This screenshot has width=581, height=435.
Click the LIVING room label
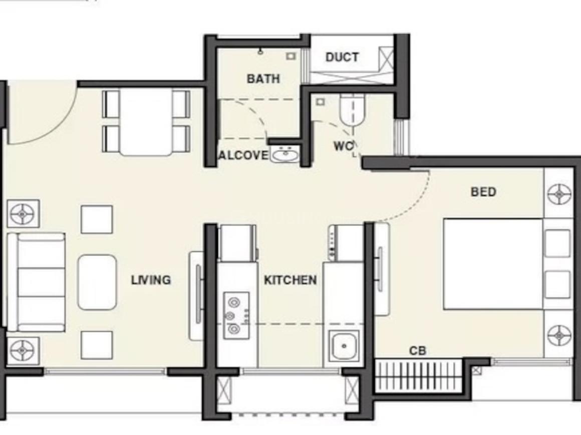coord(151,280)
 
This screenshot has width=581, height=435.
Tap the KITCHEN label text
coord(290,280)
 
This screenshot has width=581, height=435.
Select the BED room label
coord(483,191)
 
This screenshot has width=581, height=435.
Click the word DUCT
coord(342,57)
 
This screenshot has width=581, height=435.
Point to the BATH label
coord(263,78)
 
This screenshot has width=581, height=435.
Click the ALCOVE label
coord(243,155)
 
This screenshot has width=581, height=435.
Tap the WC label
coord(343,146)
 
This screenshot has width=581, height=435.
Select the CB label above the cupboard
coord(418,351)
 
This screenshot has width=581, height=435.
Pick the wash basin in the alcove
coord(285,155)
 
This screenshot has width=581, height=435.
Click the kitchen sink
coord(344,345)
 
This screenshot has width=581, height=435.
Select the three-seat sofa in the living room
coord(37,282)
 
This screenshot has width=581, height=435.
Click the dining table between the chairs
coord(146,122)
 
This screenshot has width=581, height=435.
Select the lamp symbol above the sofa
coord(23,214)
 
